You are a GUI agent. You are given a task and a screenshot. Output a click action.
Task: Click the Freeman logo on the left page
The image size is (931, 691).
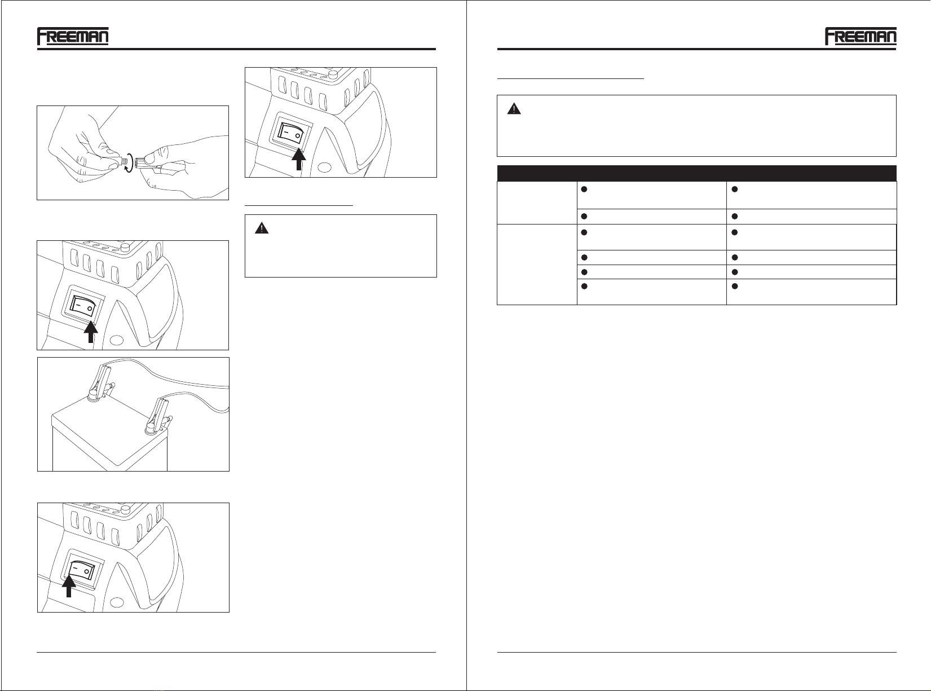73,36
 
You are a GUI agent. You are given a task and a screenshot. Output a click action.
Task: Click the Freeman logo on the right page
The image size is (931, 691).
861,36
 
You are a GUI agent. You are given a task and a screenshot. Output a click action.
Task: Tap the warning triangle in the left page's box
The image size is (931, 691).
262,228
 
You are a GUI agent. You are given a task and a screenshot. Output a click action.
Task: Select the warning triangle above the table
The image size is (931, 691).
514,109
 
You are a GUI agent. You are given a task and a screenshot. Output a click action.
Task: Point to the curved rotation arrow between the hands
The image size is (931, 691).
131,162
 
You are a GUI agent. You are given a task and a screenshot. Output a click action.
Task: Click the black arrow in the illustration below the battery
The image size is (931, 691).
69,586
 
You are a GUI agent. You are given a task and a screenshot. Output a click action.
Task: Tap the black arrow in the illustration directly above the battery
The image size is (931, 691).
91,332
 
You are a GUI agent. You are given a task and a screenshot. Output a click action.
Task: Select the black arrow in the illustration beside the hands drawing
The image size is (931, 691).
299,159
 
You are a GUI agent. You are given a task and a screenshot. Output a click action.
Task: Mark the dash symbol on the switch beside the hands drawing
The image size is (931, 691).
286,132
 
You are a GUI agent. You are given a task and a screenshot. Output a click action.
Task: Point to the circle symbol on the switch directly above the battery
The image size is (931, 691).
90,309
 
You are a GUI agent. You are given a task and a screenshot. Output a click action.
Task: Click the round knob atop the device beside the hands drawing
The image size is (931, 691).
333,75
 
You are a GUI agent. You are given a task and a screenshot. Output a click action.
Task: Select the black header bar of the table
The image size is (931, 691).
697,174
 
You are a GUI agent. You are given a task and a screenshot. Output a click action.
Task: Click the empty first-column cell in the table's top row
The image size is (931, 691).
537,203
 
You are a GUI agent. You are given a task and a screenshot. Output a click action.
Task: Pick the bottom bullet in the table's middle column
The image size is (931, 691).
584,287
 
